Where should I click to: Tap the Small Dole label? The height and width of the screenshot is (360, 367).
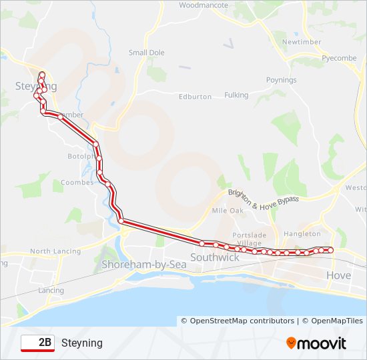click(x=146, y=53)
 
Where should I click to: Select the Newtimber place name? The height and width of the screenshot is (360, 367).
click(x=302, y=41)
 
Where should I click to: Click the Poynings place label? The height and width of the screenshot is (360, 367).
click(x=281, y=80)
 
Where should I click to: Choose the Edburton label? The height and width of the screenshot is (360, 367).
click(x=195, y=97)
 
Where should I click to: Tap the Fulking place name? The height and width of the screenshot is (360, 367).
click(x=236, y=95)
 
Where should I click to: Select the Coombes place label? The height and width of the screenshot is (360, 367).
click(x=73, y=182)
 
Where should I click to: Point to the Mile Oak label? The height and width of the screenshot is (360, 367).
click(x=228, y=210)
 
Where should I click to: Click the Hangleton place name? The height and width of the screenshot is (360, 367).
click(x=302, y=234)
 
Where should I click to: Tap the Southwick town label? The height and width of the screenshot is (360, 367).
click(x=215, y=257)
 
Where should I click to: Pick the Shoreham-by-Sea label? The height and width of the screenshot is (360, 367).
click(x=143, y=265)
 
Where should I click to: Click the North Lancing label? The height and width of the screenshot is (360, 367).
click(x=55, y=251)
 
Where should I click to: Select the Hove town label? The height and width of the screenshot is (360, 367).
click(x=338, y=275)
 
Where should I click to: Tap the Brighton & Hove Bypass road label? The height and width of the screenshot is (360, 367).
click(x=264, y=198)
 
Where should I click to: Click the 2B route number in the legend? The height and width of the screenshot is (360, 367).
click(x=45, y=343)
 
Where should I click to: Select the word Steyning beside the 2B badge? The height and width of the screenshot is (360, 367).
click(x=82, y=343)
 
